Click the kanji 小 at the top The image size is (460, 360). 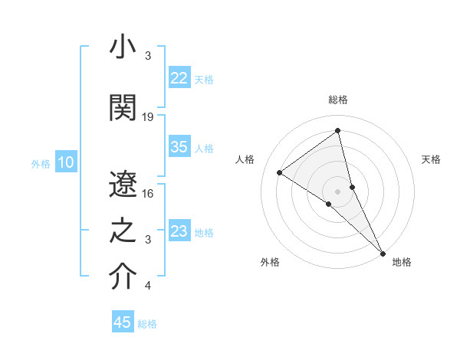[x=122, y=48]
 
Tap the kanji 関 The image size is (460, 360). [x=122, y=107]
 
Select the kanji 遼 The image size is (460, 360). [x=122, y=183]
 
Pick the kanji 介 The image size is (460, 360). [x=122, y=277]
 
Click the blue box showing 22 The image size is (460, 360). [x=179, y=78]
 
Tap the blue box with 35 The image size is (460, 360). [x=179, y=148]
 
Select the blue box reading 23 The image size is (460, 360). [x=179, y=231]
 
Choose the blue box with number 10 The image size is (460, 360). [x=65, y=162]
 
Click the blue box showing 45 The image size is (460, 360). [x=123, y=322]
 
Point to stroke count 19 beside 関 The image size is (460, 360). [x=148, y=116]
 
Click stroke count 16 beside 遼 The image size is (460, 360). [x=148, y=193]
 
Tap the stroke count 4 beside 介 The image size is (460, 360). [x=148, y=286]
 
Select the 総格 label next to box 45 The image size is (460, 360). [x=147, y=324]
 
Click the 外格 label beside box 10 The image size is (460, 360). [x=41, y=163]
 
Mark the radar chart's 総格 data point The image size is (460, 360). [x=337, y=131]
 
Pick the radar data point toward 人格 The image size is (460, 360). [x=280, y=172]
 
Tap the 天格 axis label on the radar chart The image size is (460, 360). [x=431, y=159]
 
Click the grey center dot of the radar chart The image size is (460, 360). [x=337, y=191]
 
